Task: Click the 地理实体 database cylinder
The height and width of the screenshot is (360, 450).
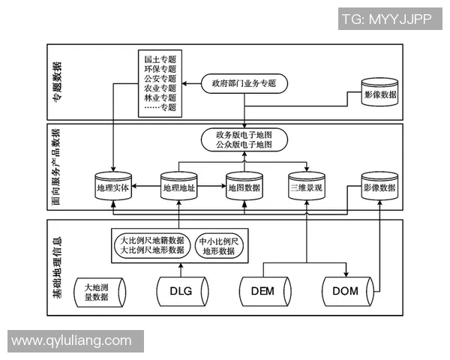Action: (x=113, y=188)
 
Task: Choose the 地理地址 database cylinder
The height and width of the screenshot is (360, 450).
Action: (x=178, y=188)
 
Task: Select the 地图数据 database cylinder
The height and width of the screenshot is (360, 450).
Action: (x=244, y=188)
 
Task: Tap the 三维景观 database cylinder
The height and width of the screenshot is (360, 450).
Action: (x=307, y=188)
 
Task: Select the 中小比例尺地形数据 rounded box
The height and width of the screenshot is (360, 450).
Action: (x=218, y=246)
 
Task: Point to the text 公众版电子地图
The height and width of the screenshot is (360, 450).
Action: (x=244, y=143)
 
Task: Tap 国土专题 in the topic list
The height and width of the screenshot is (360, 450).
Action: (x=160, y=58)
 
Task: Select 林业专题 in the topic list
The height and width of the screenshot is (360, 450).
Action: (x=160, y=97)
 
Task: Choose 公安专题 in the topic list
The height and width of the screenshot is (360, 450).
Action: (x=160, y=78)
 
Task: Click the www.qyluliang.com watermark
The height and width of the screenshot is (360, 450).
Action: (x=72, y=340)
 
